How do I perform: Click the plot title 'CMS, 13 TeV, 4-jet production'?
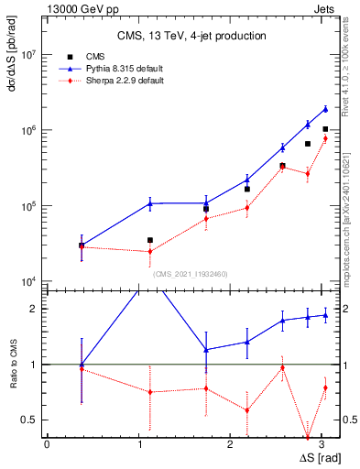coord(191,36)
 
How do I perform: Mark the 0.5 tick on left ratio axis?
coord(30,420)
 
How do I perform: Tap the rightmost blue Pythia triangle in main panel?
coord(325,109)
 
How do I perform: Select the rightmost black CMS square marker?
coord(325,129)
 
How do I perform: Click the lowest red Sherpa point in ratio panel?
coord(308,437)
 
